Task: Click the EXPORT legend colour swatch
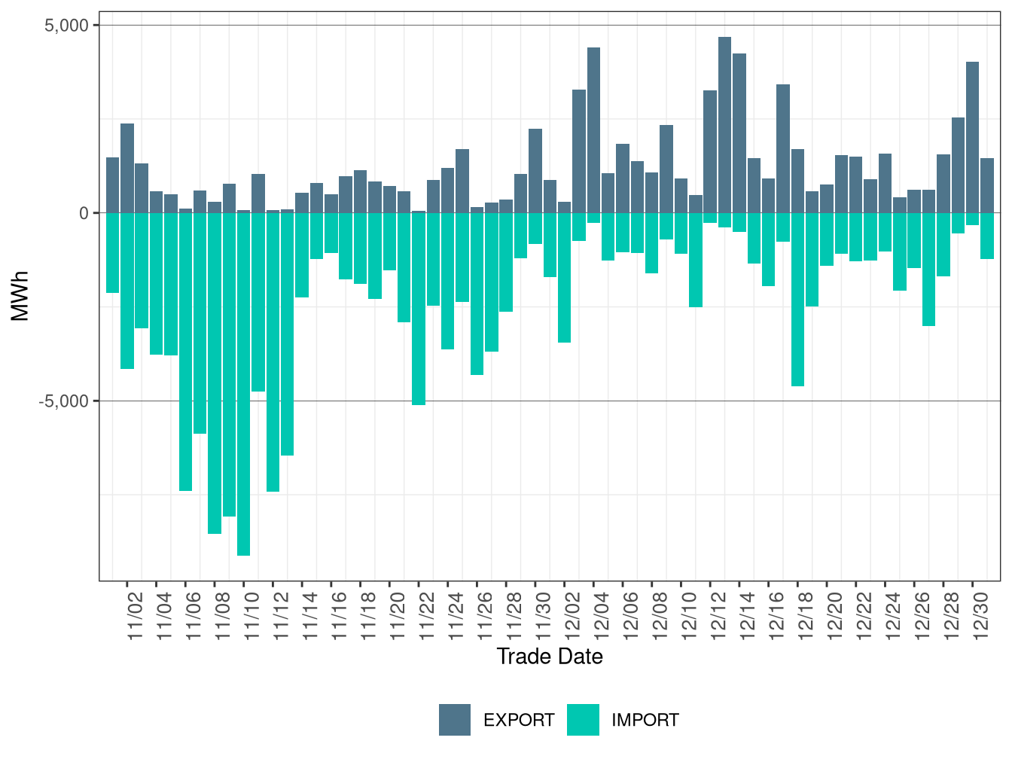(x=455, y=720)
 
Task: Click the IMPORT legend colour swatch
(x=583, y=720)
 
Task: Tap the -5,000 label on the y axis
(x=63, y=401)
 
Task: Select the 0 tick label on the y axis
(x=84, y=213)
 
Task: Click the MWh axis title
(x=20, y=296)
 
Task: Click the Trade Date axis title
(x=550, y=657)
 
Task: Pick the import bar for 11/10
(x=243, y=384)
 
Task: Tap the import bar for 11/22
(x=419, y=309)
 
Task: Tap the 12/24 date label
(x=893, y=616)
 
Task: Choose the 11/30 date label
(x=543, y=616)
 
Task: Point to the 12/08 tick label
(x=660, y=616)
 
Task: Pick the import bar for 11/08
(x=215, y=373)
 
